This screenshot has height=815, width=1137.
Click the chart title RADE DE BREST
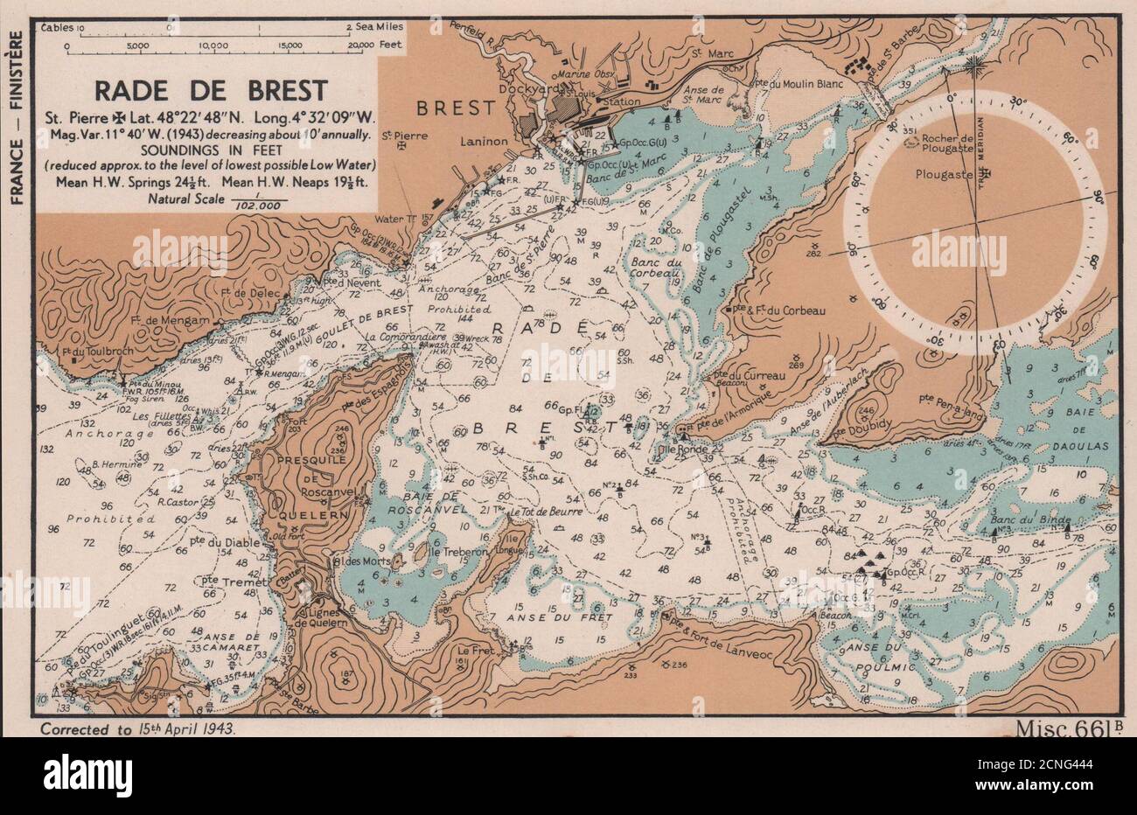211,90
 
